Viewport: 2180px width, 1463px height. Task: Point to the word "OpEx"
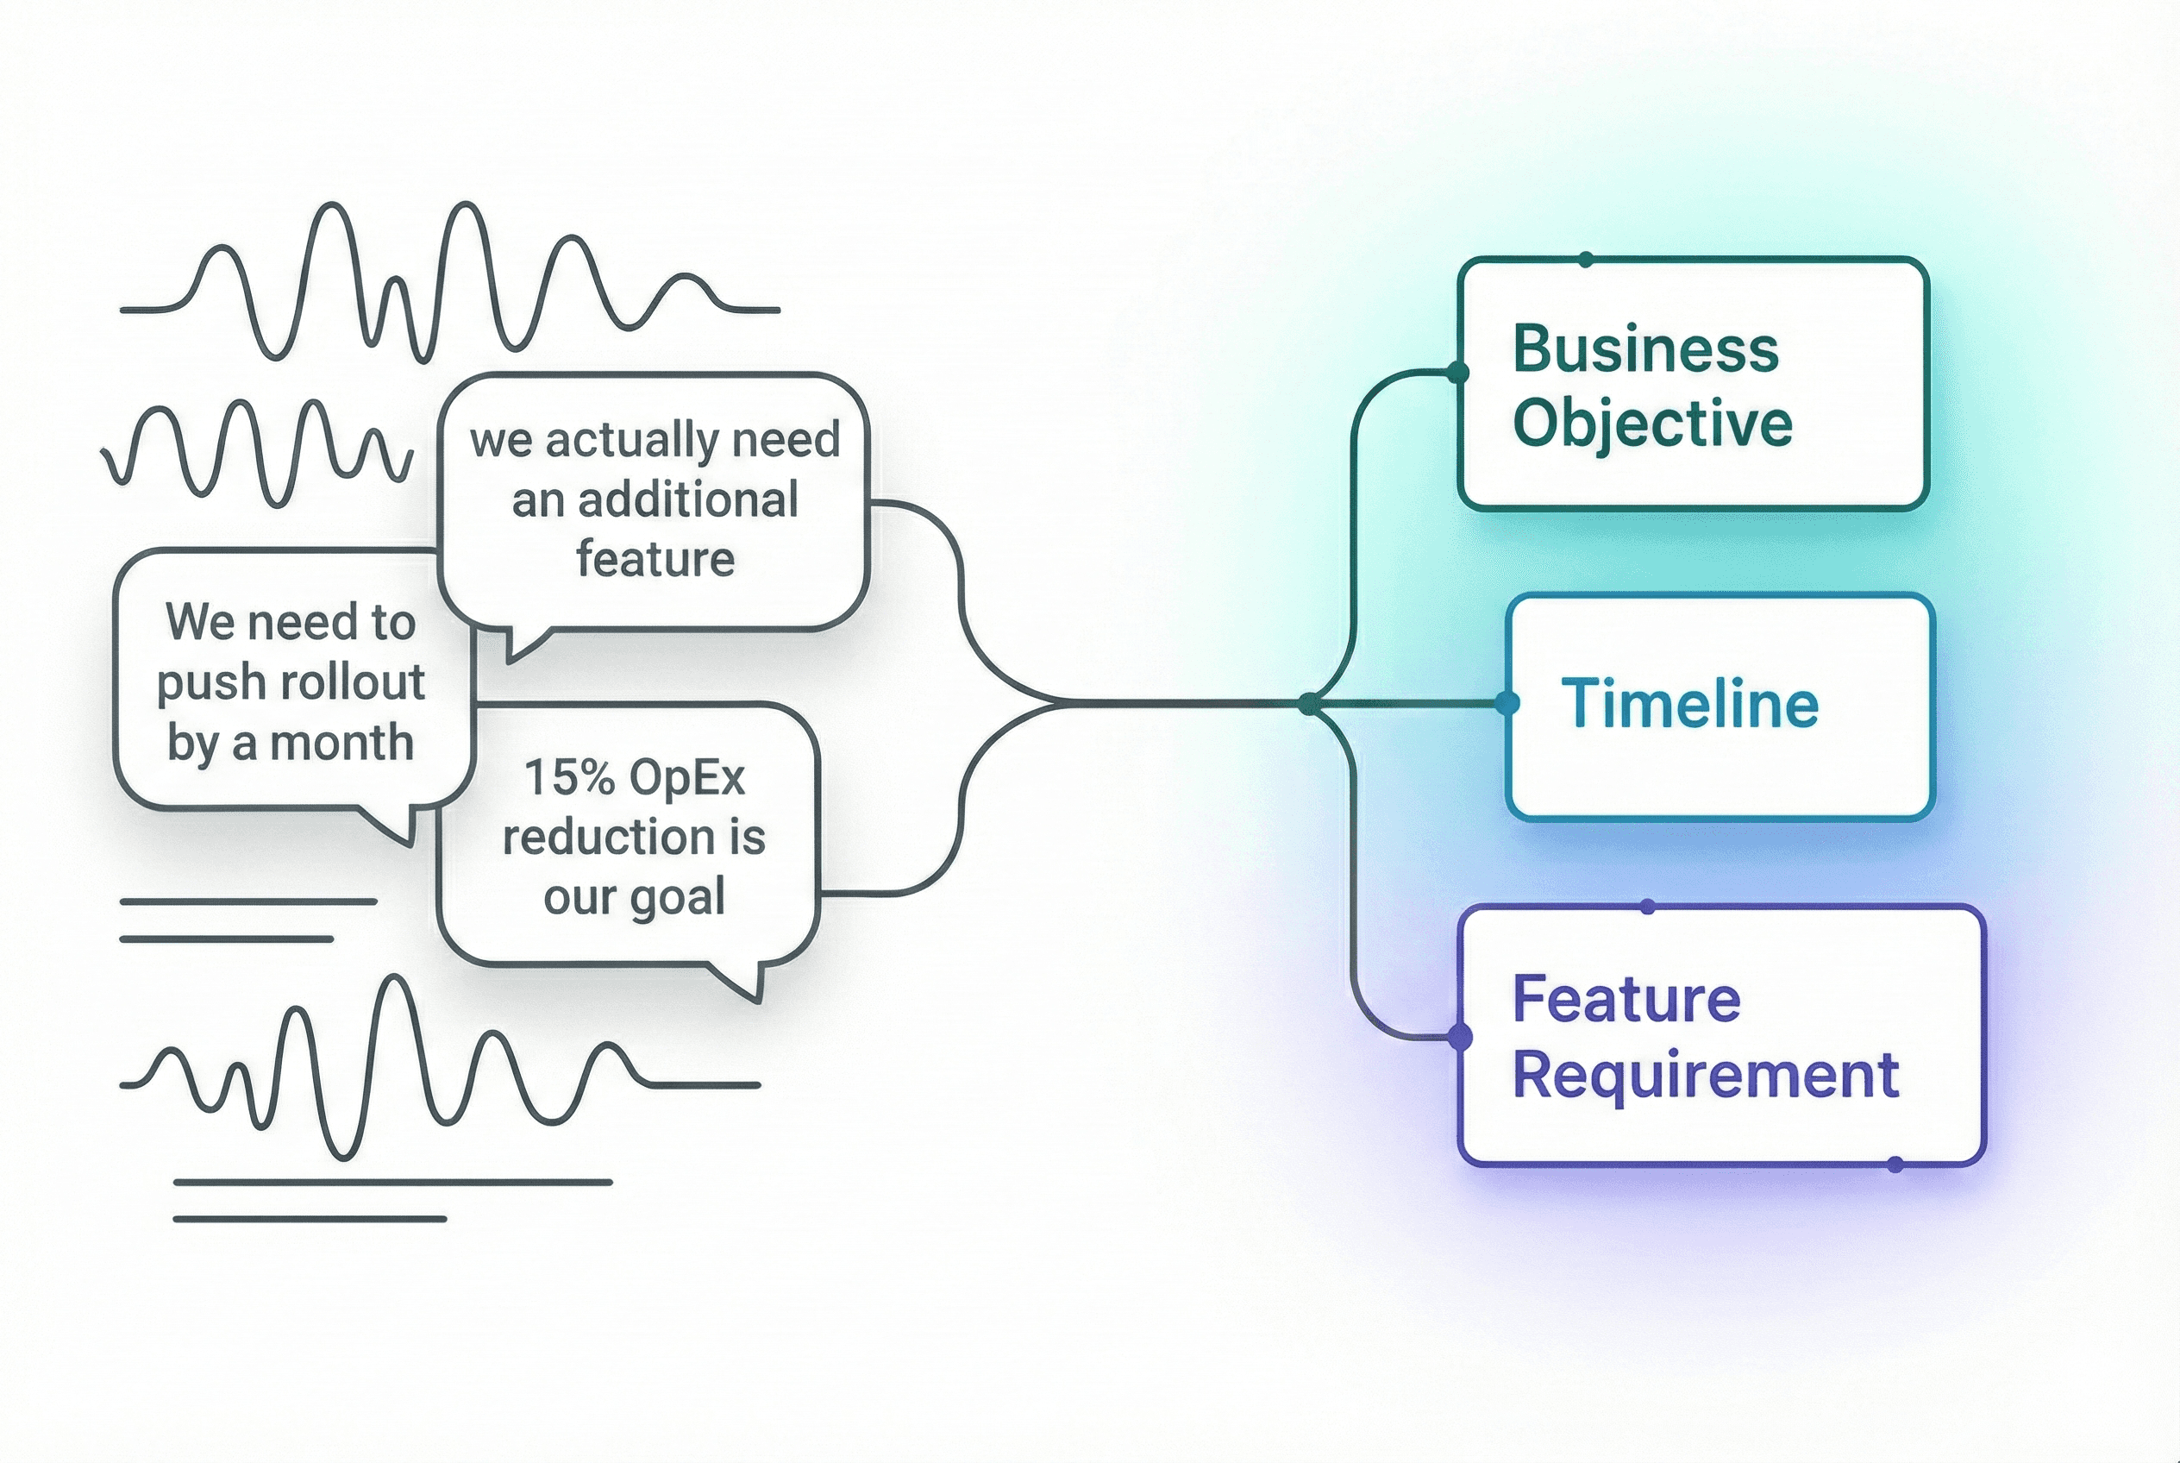tap(687, 777)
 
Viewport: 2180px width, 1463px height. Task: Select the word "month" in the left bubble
tap(341, 743)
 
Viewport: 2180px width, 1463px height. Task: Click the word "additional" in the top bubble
tap(688, 500)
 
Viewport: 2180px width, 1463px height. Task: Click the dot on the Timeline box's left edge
tap(1507, 704)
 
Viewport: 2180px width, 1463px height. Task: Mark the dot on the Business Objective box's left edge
tap(1457, 374)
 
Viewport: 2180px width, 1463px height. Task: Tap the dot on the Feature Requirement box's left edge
tap(1460, 1037)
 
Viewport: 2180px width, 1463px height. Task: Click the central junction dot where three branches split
tap(1311, 704)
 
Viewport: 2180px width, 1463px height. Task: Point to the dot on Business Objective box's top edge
tap(1586, 260)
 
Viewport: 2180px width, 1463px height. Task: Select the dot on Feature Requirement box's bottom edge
tap(1895, 1165)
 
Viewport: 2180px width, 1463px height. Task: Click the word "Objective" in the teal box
tap(1652, 424)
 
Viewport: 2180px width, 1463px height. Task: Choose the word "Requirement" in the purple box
tap(1705, 1076)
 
